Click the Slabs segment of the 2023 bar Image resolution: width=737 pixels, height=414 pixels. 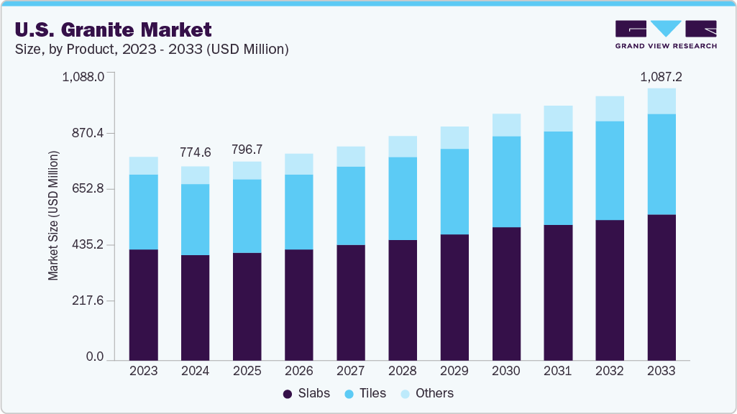point(144,304)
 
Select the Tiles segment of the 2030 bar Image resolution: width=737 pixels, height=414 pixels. point(506,181)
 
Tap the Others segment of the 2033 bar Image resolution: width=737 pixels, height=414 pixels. point(662,101)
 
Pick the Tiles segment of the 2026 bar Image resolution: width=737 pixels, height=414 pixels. point(299,211)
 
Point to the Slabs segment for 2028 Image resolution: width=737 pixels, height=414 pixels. point(403,299)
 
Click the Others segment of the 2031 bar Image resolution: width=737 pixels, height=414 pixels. point(558,119)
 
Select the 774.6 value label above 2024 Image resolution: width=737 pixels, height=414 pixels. point(196,152)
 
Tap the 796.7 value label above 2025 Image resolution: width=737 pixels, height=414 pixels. point(247,149)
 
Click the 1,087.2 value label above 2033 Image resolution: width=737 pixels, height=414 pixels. point(662,76)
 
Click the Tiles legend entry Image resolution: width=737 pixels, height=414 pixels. point(366,393)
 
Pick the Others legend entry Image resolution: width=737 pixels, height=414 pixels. point(427,393)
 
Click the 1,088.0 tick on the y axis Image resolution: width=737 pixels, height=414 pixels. point(86,77)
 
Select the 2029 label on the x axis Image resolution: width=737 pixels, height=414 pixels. point(454,371)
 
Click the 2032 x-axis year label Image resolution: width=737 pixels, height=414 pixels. point(610,371)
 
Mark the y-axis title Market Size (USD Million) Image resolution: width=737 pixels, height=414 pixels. point(53,216)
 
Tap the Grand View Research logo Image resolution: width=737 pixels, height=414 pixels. point(666,34)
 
